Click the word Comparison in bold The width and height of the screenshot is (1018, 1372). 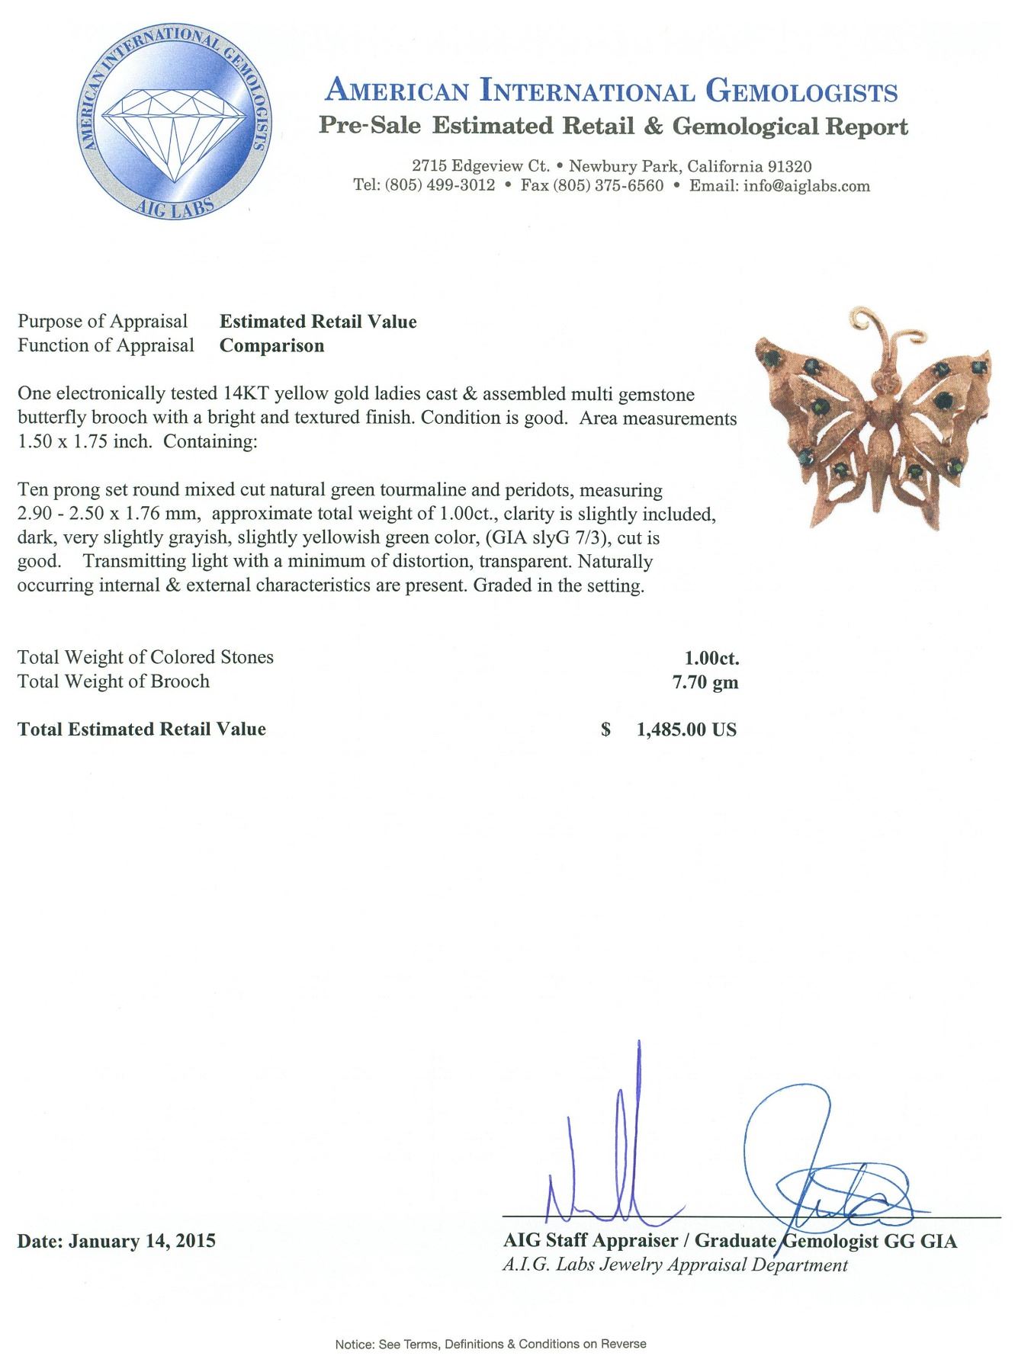click(x=272, y=345)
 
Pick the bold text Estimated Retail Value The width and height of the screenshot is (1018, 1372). click(x=319, y=322)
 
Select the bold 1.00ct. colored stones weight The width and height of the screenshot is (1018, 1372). click(x=712, y=658)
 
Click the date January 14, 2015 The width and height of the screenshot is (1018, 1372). click(x=117, y=1241)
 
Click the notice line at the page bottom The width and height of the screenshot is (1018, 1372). click(x=490, y=1344)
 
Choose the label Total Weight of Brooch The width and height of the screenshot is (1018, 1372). click(x=114, y=681)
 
